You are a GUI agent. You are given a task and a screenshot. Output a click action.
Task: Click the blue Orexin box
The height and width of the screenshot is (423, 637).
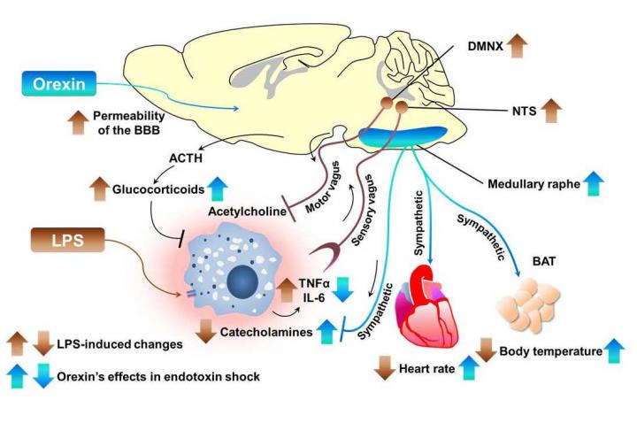coord(63,86)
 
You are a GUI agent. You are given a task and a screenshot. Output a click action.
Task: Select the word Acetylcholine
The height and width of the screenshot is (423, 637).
coord(245,211)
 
